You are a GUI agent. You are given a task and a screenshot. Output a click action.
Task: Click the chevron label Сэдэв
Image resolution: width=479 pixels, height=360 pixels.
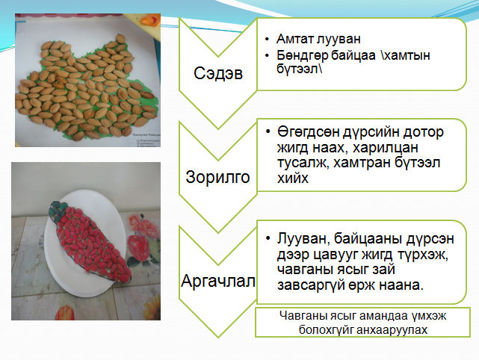click(x=218, y=73)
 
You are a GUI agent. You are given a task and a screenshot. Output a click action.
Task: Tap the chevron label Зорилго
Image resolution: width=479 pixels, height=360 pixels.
click(x=217, y=177)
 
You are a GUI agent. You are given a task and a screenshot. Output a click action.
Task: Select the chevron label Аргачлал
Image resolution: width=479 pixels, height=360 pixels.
click(x=218, y=281)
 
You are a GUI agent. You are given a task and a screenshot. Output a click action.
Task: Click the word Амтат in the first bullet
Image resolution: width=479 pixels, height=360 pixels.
click(x=294, y=39)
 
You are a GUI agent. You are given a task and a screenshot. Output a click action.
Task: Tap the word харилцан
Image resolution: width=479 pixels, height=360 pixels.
click(x=385, y=148)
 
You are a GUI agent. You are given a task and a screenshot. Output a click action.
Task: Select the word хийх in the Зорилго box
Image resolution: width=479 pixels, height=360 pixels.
click(x=293, y=178)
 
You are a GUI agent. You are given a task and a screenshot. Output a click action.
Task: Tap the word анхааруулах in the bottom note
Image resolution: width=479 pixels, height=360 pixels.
click(x=392, y=330)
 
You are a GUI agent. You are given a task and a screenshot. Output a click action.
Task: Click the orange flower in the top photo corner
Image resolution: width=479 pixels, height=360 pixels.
click(x=149, y=19)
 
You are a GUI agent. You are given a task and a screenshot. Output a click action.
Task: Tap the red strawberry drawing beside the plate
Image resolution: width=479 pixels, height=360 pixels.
click(x=138, y=246)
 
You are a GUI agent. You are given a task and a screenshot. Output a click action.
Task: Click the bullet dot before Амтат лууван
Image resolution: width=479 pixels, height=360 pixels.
click(x=267, y=39)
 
